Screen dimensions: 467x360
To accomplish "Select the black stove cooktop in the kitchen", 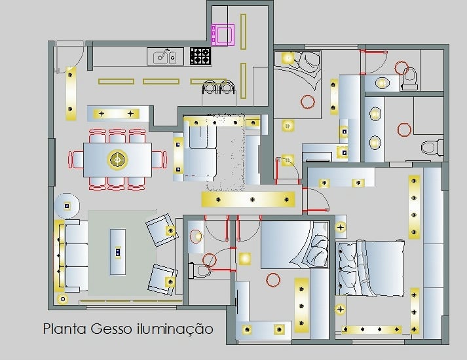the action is pos(200,56).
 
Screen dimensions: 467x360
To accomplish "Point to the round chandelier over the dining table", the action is pos(118,159).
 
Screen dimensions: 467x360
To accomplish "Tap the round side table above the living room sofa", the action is pos(66,206).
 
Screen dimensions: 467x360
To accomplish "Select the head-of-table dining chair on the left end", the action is pos(77,159).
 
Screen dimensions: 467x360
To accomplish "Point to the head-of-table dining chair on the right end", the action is pos(159,159).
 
